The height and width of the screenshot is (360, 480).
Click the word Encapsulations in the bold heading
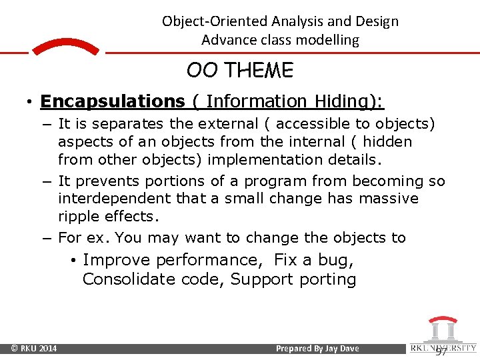point(112,101)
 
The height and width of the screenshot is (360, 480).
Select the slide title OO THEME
point(240,70)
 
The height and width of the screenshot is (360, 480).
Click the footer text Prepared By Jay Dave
point(317,349)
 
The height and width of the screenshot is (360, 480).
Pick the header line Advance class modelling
point(280,40)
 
